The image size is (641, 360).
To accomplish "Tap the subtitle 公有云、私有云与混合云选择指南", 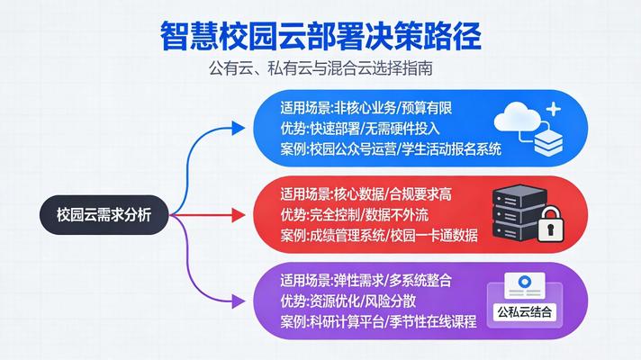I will click(320, 69).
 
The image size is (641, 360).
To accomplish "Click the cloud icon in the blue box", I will click(526, 117).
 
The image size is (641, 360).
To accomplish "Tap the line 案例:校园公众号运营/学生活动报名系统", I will click(391, 148).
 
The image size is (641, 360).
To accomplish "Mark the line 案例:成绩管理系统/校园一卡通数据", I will click(379, 236).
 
